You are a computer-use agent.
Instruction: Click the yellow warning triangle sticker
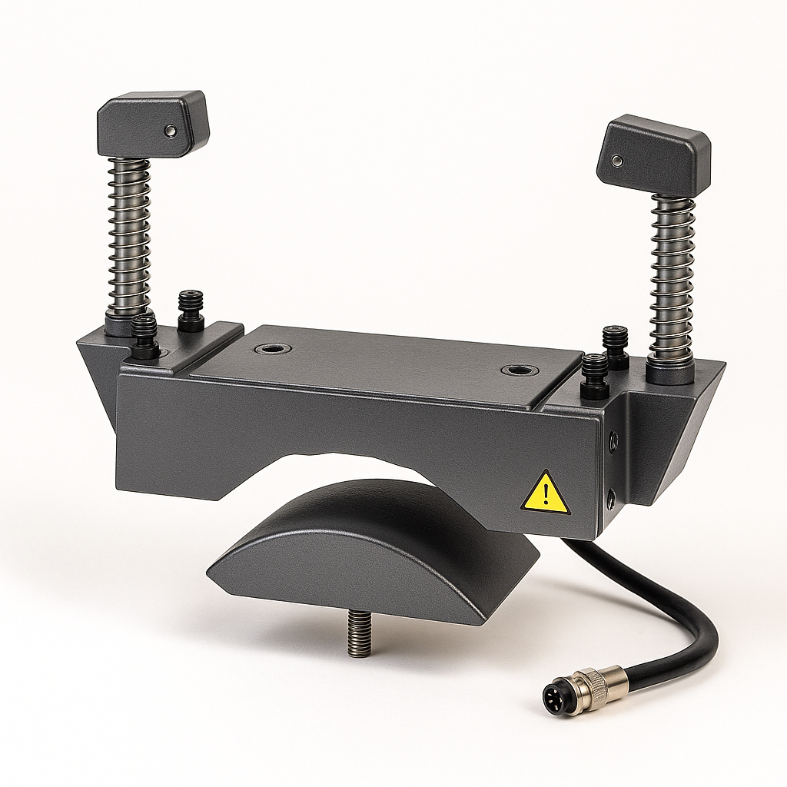point(546,494)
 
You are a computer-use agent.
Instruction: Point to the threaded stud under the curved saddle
point(356,633)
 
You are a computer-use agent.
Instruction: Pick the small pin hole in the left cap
point(170,132)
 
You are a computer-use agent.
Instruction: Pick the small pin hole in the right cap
point(616,161)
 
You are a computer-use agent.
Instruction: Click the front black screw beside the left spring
point(144,336)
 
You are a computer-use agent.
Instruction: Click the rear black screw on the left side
point(190,309)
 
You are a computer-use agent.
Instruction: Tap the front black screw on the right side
point(594,376)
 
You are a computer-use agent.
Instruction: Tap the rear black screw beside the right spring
point(615,347)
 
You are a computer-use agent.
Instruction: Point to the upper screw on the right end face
point(613,440)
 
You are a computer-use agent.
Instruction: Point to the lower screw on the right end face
point(610,499)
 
